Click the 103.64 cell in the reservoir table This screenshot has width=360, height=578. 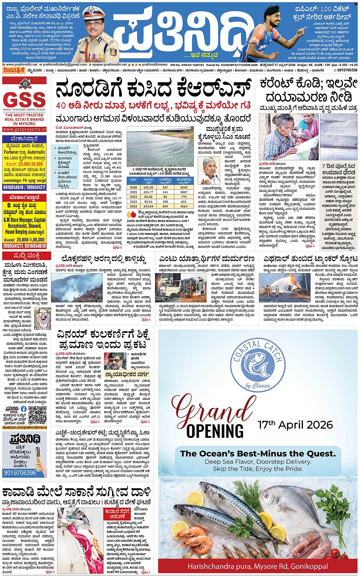148,206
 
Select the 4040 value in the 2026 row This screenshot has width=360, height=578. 184,187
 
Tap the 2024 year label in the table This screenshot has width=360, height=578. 133,197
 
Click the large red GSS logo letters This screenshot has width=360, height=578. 24,100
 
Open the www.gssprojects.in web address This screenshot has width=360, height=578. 24,129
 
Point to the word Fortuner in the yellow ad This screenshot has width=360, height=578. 11,152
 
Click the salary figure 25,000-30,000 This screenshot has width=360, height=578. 31,164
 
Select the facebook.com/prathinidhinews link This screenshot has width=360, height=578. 25,428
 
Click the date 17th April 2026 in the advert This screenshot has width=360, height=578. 295,425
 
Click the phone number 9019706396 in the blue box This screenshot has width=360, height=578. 20,473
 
